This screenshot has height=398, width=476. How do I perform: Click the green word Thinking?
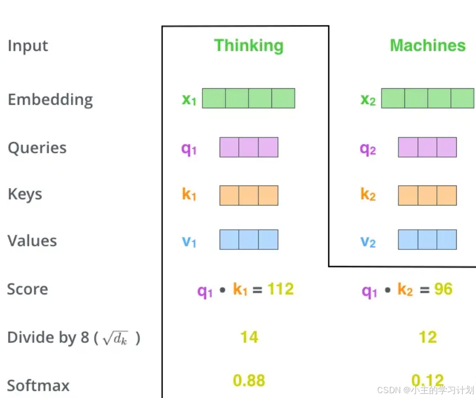pos(248,45)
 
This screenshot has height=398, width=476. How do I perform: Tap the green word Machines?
pos(427,45)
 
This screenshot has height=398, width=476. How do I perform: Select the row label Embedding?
pos(50,99)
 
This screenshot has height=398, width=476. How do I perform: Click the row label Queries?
pos(37,147)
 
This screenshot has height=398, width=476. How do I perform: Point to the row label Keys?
pos(25,194)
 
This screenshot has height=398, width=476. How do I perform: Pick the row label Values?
pos(32,241)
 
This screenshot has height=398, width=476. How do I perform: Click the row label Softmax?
pos(38,385)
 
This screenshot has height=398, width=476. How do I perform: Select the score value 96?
pos(443,289)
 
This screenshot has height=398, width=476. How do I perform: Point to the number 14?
pos(249,337)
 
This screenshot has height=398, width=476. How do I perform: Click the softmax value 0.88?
pos(249,380)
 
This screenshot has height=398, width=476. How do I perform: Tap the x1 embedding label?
pos(189,99)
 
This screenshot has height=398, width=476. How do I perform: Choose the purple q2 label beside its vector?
pos(368,149)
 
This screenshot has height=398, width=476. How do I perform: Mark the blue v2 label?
pos(368,241)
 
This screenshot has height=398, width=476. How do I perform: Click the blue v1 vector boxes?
pos(249,239)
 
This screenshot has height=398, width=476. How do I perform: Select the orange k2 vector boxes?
pos(427,196)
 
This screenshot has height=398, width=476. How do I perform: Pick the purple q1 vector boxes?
pos(249,147)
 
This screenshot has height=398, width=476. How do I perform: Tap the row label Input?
pos(28,46)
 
